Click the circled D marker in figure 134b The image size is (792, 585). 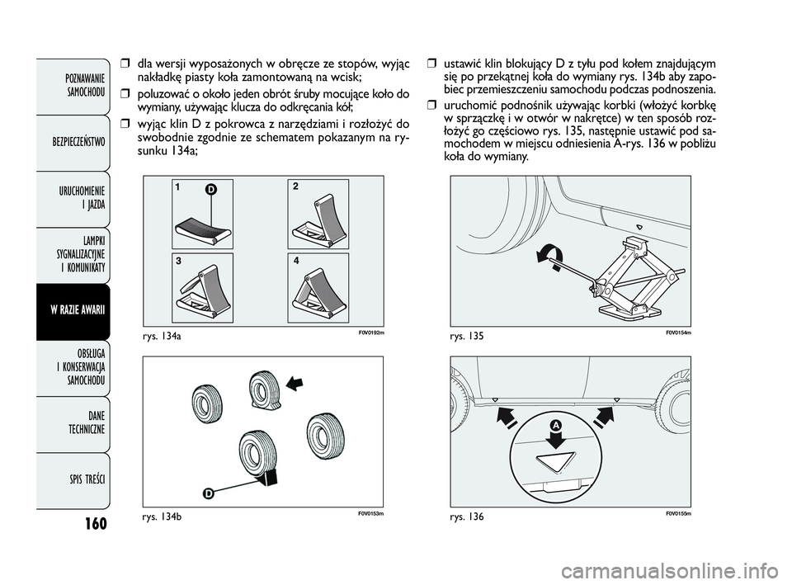(x=209, y=493)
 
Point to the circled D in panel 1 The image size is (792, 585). (x=211, y=191)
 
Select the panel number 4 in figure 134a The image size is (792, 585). (x=294, y=259)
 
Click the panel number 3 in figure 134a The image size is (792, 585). (x=178, y=259)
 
